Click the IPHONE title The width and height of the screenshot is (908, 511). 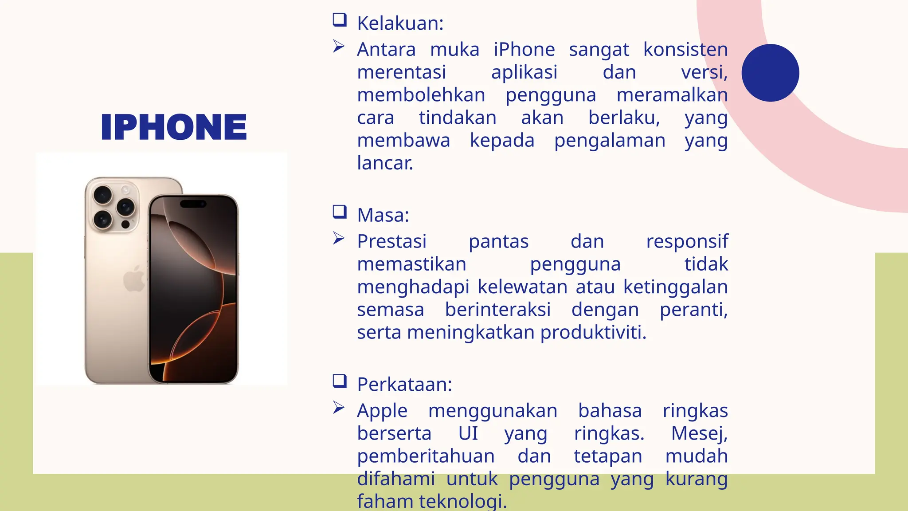[x=174, y=127]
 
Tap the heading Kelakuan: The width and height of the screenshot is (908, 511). [x=400, y=24]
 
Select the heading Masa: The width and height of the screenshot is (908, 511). [x=383, y=216]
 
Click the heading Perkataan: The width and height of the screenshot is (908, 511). [x=404, y=385]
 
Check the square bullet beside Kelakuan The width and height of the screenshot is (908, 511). [x=340, y=20]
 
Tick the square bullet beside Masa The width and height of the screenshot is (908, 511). [x=340, y=212]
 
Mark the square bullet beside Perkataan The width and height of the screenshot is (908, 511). [x=340, y=381]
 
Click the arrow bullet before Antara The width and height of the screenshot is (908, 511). [x=339, y=47]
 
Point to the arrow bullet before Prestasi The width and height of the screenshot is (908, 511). [x=339, y=239]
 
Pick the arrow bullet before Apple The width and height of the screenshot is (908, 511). [x=339, y=408]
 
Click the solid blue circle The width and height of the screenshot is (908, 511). [x=770, y=73]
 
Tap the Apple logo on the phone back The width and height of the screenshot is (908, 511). [x=134, y=278]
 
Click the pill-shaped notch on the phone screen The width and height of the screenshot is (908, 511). [x=193, y=204]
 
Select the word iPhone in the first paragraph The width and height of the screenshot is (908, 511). [x=524, y=50]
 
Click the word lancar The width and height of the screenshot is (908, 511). [x=385, y=163]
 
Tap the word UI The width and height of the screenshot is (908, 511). [x=468, y=434]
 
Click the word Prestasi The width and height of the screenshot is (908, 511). [x=392, y=242]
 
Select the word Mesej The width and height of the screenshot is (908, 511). [x=699, y=434]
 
